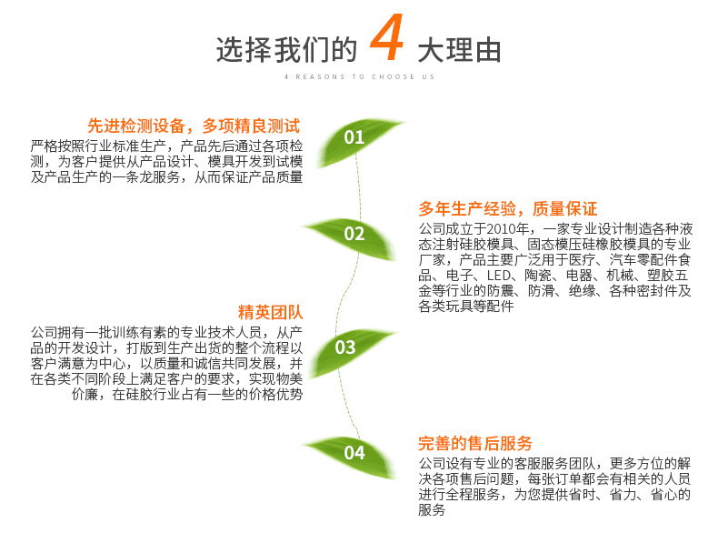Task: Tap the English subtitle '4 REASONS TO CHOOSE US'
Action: point(359,77)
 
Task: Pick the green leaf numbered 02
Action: point(354,234)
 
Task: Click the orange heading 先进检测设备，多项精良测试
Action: point(194,126)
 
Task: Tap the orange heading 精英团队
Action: point(271,313)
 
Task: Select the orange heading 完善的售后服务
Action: point(475,443)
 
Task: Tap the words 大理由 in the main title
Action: point(459,49)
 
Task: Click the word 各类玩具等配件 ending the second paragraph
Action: point(466,307)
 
